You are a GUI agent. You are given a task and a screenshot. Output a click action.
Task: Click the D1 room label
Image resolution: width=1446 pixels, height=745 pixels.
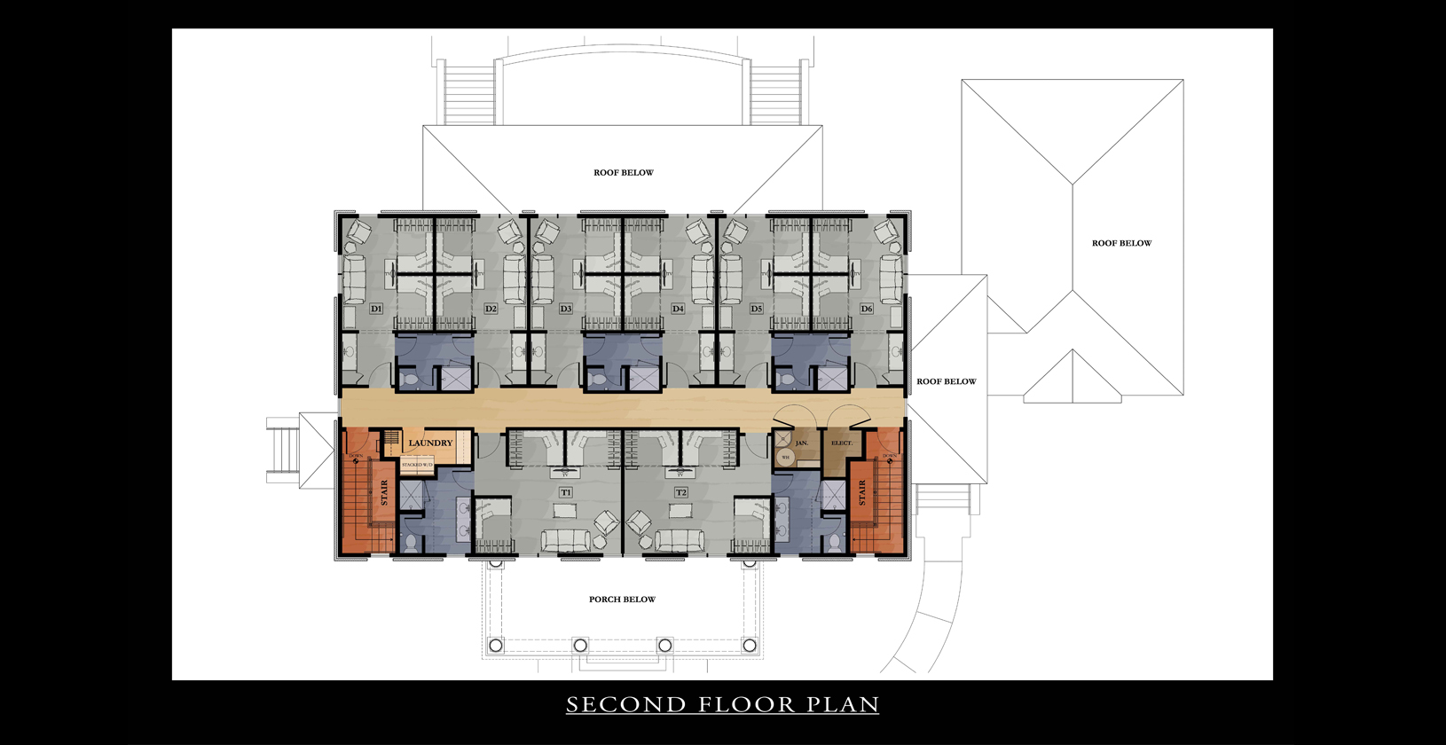(376, 309)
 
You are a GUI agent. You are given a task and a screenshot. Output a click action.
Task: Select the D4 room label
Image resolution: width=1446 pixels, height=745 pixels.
(678, 309)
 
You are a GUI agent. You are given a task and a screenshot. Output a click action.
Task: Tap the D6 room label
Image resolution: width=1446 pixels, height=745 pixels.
(867, 309)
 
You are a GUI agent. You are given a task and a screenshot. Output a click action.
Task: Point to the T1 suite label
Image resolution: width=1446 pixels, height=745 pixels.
(566, 492)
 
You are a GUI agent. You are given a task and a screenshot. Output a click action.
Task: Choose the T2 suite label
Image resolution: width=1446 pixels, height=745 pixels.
(680, 492)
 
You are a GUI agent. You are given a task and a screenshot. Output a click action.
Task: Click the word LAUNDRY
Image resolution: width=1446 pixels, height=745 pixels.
(430, 443)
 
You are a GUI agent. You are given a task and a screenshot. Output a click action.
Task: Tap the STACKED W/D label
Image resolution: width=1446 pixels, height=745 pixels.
(417, 465)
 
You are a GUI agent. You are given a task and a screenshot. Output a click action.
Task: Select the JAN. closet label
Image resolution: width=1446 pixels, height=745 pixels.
(802, 443)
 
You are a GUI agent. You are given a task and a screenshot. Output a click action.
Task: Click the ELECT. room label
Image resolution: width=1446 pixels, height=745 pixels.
(842, 443)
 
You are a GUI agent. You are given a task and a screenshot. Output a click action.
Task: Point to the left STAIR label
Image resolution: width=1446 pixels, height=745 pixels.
(385, 492)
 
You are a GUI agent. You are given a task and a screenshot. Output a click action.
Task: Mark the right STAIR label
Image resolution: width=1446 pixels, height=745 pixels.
(861, 493)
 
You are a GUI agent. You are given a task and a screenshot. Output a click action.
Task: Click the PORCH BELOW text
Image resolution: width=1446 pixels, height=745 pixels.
(622, 600)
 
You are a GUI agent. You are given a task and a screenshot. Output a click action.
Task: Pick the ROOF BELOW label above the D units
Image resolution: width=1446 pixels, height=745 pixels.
(624, 173)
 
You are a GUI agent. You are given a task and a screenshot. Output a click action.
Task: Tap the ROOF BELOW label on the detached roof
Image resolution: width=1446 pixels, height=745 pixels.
(1121, 243)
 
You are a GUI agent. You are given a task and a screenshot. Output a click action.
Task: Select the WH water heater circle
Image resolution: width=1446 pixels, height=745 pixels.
(785, 458)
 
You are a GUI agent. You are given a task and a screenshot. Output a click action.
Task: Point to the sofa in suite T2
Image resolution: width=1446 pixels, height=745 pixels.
(679, 540)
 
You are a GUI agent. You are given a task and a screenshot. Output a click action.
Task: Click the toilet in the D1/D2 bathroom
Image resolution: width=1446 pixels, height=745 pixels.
(410, 380)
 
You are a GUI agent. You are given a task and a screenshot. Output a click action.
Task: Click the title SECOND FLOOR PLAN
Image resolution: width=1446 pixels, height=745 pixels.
(722, 705)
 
